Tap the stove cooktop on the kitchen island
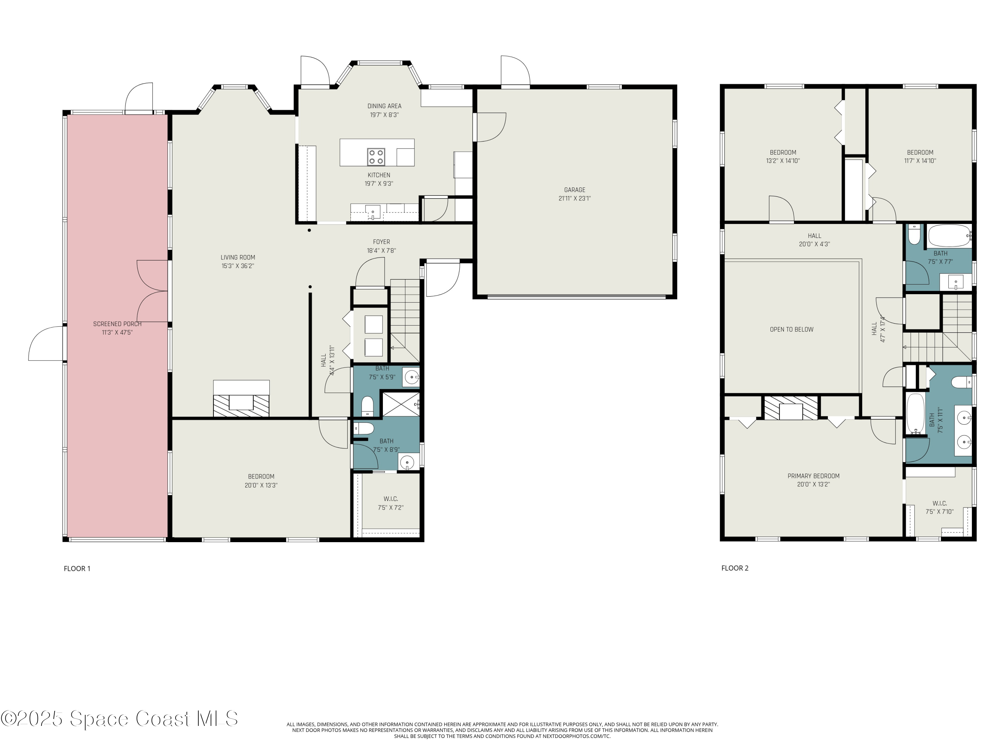tap(376, 157)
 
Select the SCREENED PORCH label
tap(117, 324)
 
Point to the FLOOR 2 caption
tap(735, 568)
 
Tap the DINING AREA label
tap(384, 106)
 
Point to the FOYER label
tap(381, 242)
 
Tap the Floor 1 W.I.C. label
tap(391, 499)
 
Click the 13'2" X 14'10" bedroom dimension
tap(783, 161)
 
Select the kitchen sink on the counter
tap(373, 212)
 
